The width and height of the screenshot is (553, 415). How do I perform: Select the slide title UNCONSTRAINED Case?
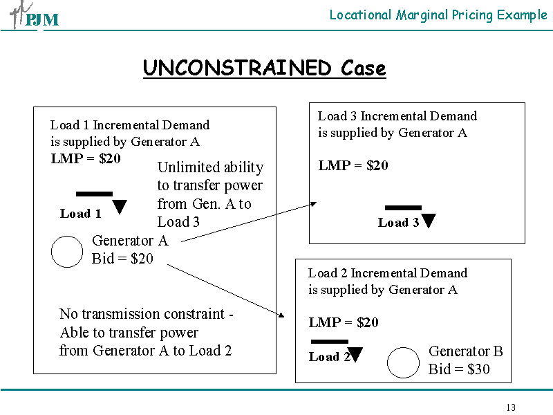[x=264, y=68]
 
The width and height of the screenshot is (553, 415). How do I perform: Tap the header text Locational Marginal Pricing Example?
[x=438, y=15]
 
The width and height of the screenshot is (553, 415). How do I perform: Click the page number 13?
[x=511, y=407]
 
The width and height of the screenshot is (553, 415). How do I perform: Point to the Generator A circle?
[x=67, y=252]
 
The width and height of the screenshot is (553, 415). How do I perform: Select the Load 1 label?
[x=81, y=214]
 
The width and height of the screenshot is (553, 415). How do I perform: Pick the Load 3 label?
[x=398, y=223]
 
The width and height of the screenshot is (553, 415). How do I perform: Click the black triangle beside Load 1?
[x=120, y=206]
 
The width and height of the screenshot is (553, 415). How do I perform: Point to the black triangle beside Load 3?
[x=429, y=221]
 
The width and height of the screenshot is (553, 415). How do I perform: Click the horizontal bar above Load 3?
[x=403, y=207]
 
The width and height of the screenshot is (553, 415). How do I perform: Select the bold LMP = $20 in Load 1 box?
[x=86, y=158]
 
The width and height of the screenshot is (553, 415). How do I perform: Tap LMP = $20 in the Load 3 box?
[x=353, y=165]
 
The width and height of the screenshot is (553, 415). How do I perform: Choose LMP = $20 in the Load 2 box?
[x=344, y=322]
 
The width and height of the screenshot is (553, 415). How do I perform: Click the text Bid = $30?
[x=459, y=369]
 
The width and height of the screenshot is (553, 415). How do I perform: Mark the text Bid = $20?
[x=122, y=259]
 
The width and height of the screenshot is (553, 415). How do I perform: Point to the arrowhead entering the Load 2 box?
[x=281, y=315]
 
